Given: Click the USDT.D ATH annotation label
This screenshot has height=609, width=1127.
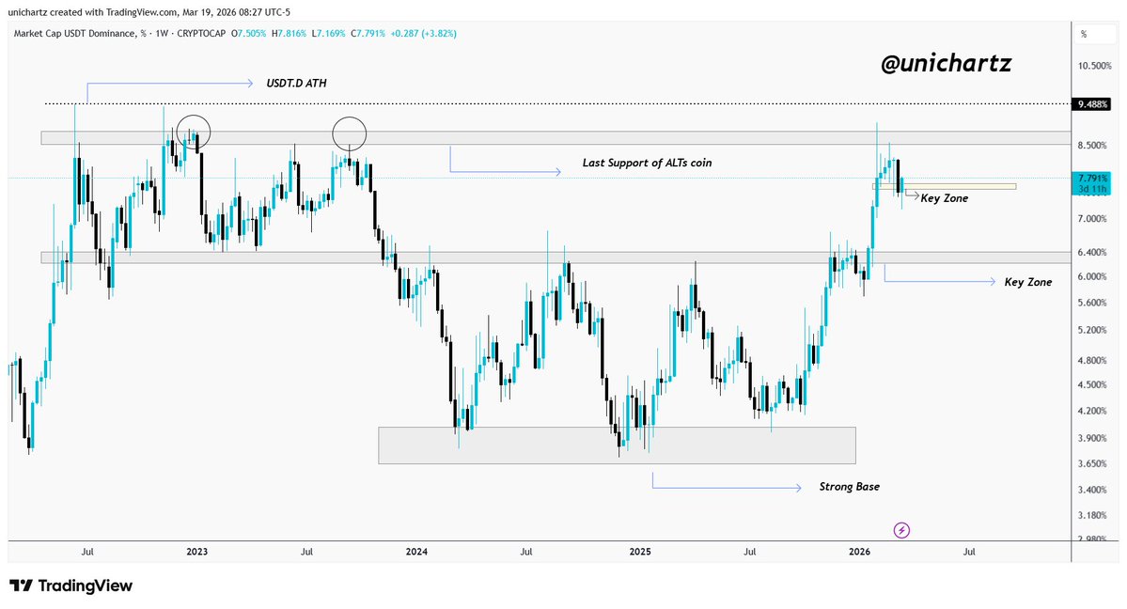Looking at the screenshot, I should pos(296,84).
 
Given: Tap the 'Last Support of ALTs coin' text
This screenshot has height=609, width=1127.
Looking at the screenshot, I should pos(634,163).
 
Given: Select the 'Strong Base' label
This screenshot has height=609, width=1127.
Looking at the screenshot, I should pos(850,487).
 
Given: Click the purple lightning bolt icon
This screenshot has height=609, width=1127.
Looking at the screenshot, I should pos(902,530).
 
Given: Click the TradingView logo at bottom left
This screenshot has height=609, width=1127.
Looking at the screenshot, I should pos(71,586).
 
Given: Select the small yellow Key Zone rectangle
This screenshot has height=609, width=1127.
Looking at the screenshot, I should pos(944,186).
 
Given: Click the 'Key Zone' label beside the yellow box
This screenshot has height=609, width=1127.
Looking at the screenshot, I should pos(944,198).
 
